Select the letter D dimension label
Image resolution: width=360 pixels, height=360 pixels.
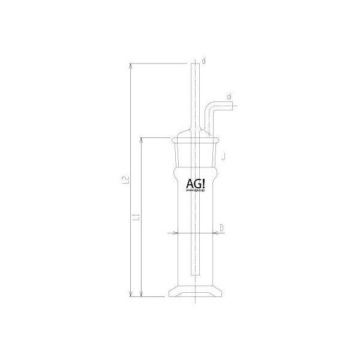point(221,227)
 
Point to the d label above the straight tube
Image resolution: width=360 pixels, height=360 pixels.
point(204,61)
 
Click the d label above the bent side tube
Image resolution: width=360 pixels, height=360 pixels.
point(229,96)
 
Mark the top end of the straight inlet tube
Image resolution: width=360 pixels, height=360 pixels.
point(195,64)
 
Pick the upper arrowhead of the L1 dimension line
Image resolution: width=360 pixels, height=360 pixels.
point(142,140)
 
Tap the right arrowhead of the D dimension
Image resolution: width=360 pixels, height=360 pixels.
point(215,233)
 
